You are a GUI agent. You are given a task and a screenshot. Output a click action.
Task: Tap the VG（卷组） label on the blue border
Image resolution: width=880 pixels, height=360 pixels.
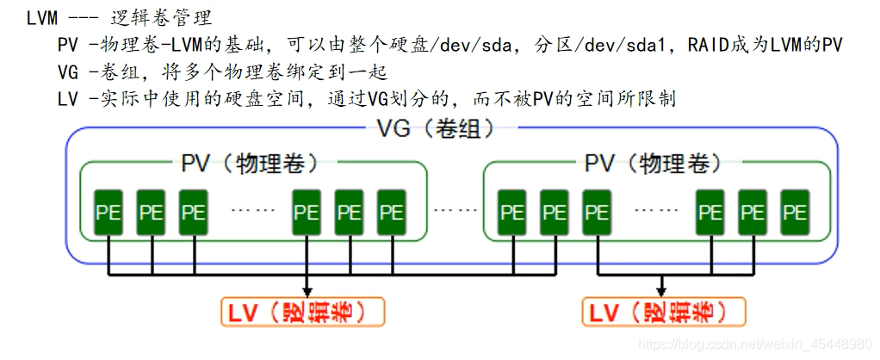click(x=437, y=129)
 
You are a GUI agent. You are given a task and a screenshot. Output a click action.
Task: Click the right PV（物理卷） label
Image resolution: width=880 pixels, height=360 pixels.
click(x=654, y=162)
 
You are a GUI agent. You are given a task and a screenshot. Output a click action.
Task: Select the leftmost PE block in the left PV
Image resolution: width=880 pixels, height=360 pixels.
click(x=108, y=210)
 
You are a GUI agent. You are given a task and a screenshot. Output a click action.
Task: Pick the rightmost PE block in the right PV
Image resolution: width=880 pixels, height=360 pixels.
click(x=795, y=210)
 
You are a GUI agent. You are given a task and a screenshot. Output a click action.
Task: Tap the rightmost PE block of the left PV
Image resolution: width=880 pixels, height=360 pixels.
click(x=391, y=210)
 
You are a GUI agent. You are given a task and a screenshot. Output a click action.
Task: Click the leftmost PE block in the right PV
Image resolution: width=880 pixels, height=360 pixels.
click(x=511, y=210)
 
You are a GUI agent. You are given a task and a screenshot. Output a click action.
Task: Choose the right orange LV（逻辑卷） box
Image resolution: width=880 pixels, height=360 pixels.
click(x=662, y=312)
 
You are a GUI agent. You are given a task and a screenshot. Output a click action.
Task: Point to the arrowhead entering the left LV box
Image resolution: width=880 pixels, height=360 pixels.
click(x=307, y=291)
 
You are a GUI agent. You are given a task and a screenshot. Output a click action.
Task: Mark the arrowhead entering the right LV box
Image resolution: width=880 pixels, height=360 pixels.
click(x=662, y=291)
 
